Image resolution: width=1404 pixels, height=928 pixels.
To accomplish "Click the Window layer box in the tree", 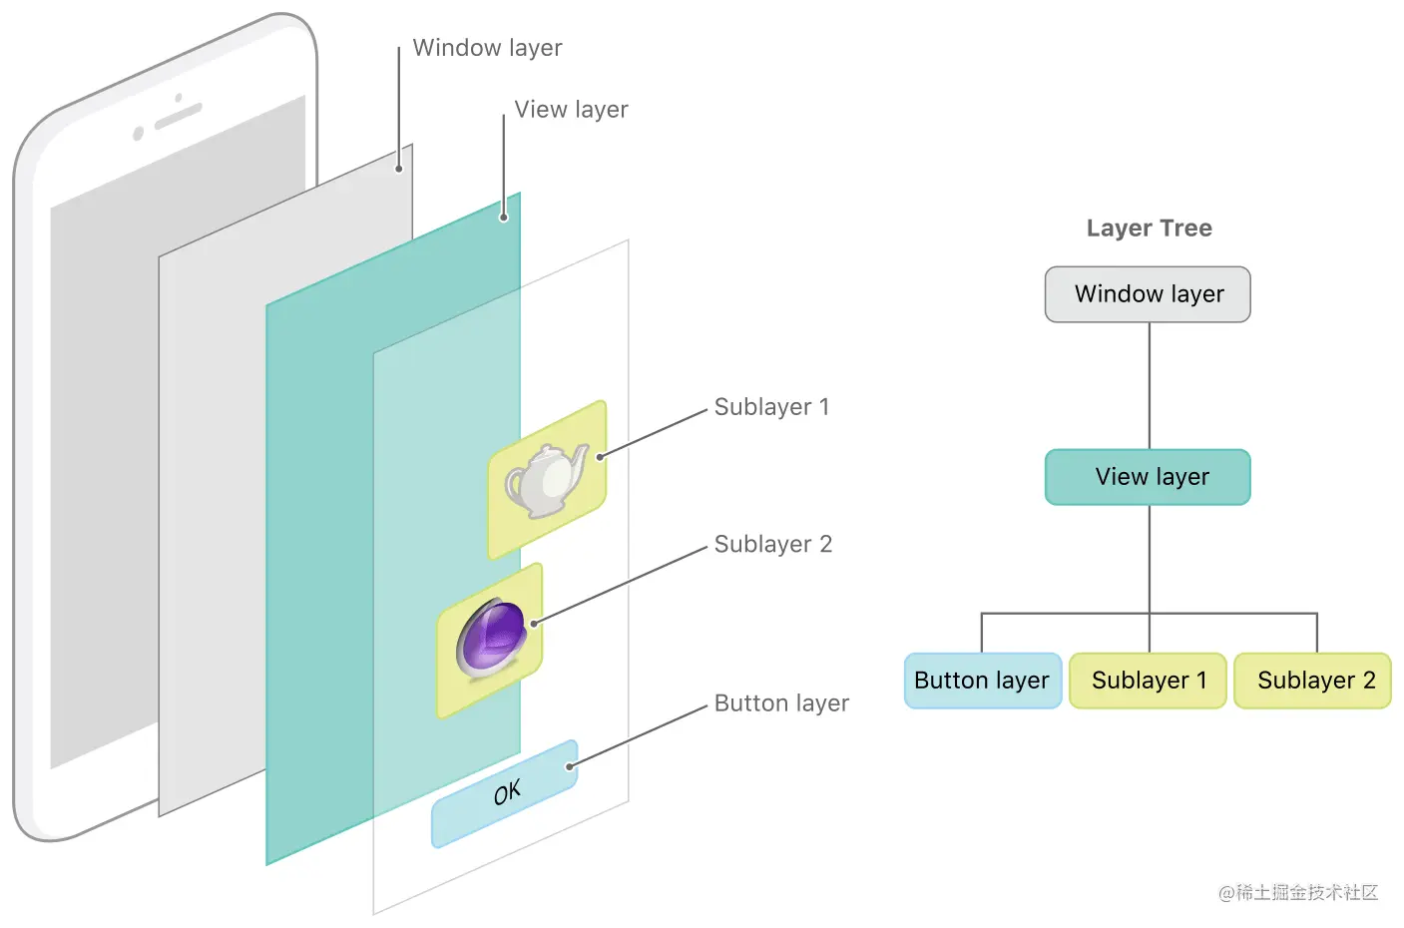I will point(1148,294).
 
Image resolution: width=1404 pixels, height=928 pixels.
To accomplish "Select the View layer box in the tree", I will point(1148,477).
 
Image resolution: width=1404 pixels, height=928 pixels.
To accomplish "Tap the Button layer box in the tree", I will point(982,681).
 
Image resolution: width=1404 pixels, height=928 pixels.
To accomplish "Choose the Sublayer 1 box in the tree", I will point(1148,681).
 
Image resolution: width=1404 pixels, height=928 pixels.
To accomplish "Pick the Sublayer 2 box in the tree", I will point(1313,681).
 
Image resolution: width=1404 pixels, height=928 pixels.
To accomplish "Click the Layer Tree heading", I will point(1149,229).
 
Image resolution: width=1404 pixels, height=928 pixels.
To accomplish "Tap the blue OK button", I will point(506,793).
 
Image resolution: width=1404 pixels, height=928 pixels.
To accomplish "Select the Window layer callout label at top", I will point(487,48).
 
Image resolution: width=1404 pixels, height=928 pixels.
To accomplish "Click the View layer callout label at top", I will point(571,110).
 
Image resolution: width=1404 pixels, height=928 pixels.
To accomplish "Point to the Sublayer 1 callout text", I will point(771,407).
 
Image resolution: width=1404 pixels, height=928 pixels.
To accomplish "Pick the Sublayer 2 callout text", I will point(772,545).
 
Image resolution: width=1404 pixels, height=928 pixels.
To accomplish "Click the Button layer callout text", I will point(781,703).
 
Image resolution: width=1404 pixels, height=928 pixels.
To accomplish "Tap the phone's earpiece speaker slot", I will point(179,116).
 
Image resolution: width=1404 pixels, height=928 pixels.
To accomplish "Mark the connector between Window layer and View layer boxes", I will point(1150,385).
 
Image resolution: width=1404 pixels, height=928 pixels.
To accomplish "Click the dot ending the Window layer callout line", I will point(399,169).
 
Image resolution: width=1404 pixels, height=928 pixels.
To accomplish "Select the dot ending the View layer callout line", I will point(504,217).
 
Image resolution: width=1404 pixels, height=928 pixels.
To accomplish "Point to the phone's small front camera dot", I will point(139,134).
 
